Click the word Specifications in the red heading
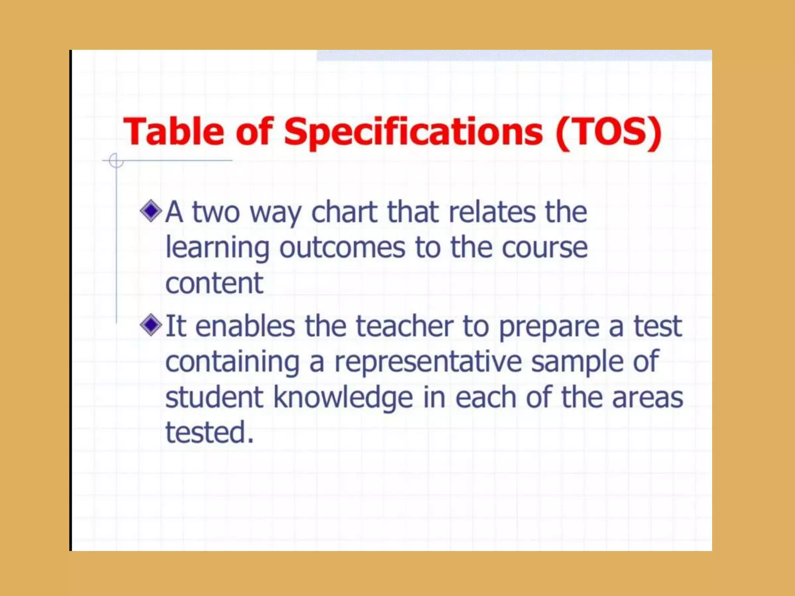(x=413, y=133)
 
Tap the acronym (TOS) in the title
(x=608, y=132)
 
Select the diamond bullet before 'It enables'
(x=151, y=325)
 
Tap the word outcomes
(x=342, y=248)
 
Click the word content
(x=214, y=283)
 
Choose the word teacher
(x=404, y=326)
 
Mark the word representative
(x=428, y=362)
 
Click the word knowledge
(x=343, y=398)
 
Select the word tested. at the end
(x=210, y=432)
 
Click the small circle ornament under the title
(x=116, y=160)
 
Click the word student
(x=214, y=398)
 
